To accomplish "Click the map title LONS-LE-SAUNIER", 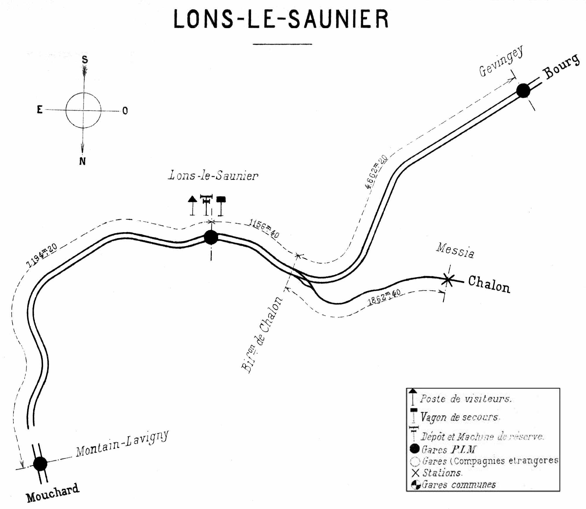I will pos(281,19).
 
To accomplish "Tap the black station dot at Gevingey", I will pos(523,91).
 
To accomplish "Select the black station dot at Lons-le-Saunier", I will pos(211,237).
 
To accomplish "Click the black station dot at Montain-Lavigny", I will pos(40,464).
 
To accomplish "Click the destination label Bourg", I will pos(561,67).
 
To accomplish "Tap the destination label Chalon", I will pos(489,285).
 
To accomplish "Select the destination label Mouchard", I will pos(53,493).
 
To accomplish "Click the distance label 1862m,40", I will pos(384,297).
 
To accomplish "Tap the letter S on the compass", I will pos(85,60).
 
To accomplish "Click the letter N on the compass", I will pos(83,161).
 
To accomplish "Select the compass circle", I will pos(83,110).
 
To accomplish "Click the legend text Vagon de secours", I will pos(460,417).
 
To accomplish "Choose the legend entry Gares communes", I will pos(459,485).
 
